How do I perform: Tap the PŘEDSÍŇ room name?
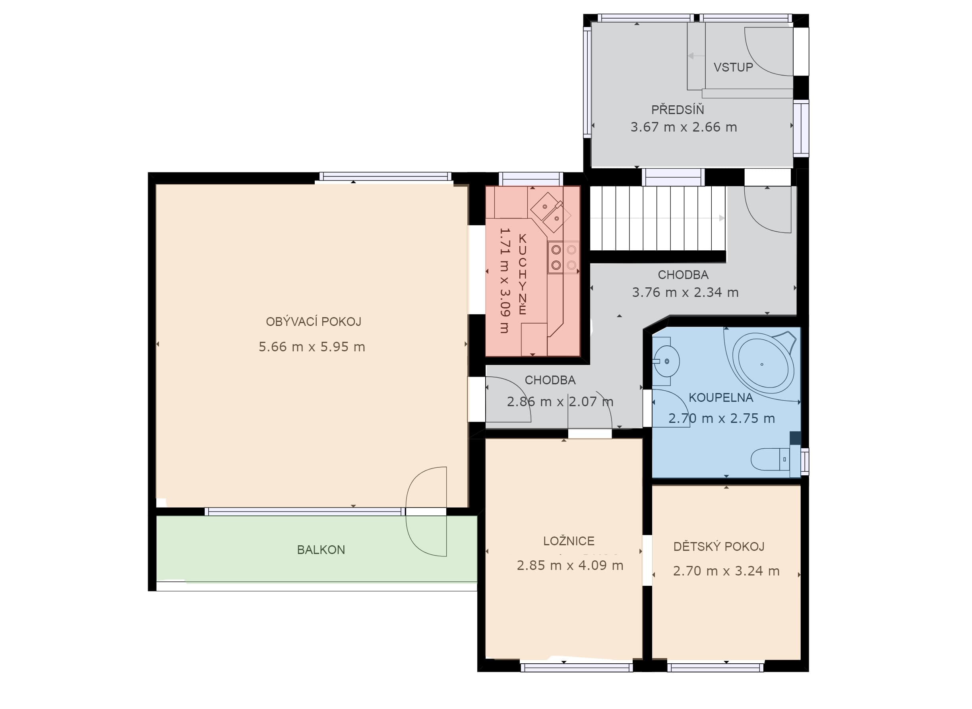[678, 109]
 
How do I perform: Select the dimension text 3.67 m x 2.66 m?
[683, 127]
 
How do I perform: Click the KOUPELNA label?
[721, 398]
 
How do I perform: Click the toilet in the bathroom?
[770, 459]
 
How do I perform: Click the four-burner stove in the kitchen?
[563, 258]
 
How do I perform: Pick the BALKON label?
[321, 550]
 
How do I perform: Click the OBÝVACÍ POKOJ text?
[314, 322]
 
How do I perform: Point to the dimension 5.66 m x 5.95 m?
[312, 347]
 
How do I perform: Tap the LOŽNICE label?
[569, 541]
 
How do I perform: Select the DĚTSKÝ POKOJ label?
[719, 546]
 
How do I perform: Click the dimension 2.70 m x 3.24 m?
[726, 571]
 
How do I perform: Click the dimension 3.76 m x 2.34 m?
[685, 292]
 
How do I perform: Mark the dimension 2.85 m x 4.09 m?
[570, 565]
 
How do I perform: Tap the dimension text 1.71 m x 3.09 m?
[505, 280]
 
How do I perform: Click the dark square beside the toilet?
[795, 438]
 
